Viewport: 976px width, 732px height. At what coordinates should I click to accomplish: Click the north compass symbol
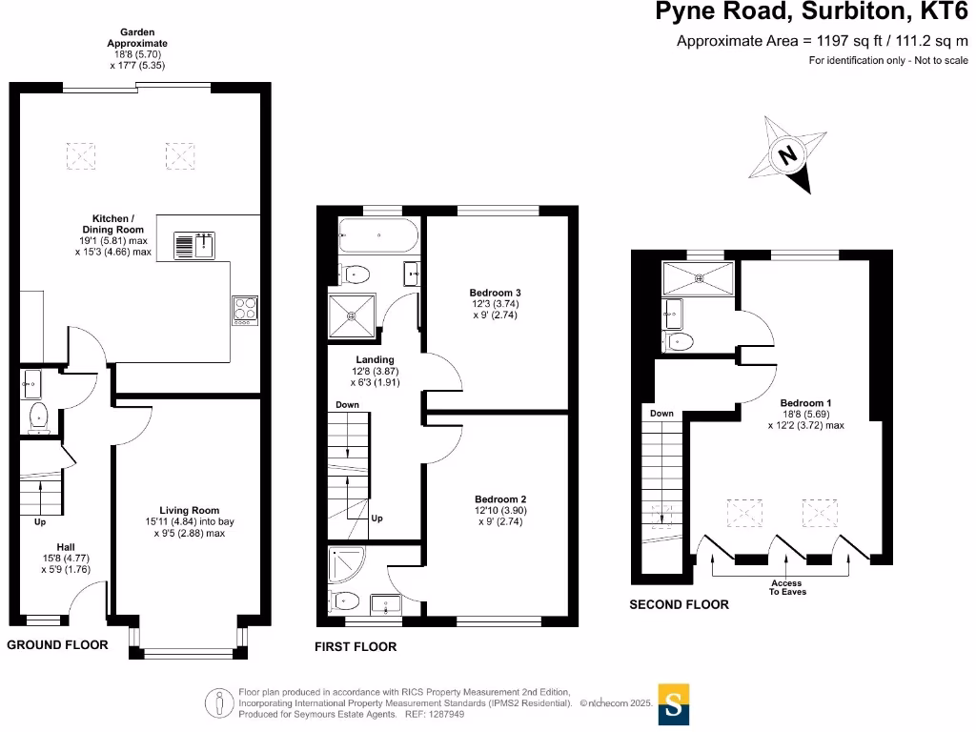[788, 154]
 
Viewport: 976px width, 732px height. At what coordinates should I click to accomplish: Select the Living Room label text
[190, 510]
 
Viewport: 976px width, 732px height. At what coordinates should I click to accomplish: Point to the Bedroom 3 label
[495, 292]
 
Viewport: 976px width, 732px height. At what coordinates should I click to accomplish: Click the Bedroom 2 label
[500, 498]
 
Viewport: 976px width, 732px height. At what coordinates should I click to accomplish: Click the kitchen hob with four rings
[245, 310]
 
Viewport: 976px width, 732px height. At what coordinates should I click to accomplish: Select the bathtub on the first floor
[378, 234]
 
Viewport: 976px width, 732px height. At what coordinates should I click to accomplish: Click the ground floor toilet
[39, 414]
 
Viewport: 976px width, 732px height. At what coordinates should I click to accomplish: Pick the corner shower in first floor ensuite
[342, 564]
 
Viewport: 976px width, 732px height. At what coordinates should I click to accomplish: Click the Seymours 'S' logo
[674, 705]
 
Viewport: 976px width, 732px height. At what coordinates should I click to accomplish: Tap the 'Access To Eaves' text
[787, 587]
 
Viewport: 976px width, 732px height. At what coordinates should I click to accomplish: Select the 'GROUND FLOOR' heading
[57, 645]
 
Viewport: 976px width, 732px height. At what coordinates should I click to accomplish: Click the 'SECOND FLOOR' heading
[679, 604]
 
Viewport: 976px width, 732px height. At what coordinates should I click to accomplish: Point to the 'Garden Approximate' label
[137, 38]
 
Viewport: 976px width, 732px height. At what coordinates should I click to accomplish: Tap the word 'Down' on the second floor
[661, 414]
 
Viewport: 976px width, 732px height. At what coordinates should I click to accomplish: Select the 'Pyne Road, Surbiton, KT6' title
[811, 12]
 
